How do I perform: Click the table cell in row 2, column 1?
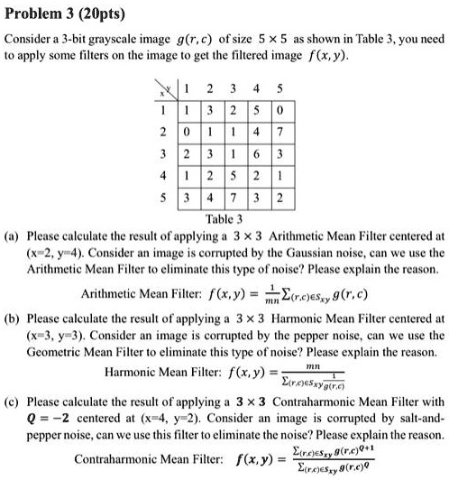186,132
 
